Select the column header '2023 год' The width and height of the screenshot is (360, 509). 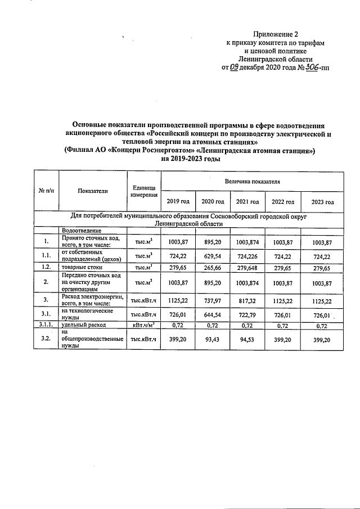[x=322, y=202]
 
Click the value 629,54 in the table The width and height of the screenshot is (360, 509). [x=213, y=256]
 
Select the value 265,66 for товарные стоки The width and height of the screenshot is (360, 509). [x=213, y=267]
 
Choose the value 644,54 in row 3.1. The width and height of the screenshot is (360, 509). [x=213, y=314]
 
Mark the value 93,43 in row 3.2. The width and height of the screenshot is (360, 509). [x=213, y=340]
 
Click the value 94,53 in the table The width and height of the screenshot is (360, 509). [x=247, y=340]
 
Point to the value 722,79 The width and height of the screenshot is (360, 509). [x=247, y=314]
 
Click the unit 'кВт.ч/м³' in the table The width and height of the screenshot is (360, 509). [x=143, y=326]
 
